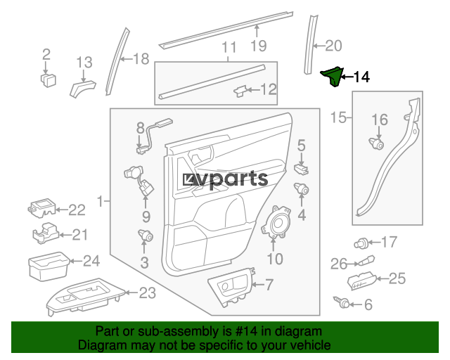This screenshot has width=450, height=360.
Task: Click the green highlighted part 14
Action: point(333,76)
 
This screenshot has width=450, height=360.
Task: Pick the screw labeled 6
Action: point(345,304)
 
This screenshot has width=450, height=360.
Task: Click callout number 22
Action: point(76,209)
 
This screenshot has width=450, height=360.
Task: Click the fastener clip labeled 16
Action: point(378,144)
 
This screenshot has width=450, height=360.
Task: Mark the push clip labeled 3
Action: point(145,236)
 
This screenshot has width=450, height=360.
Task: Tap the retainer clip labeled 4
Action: point(302,188)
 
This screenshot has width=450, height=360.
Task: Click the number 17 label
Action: point(389,243)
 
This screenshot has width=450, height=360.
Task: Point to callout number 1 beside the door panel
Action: point(98,202)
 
